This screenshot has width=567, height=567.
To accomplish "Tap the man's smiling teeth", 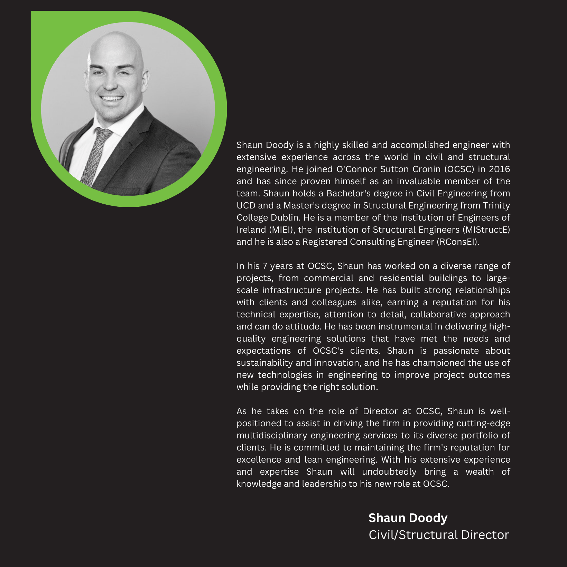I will point(112,99).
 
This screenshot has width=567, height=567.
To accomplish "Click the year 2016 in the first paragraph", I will point(499,169).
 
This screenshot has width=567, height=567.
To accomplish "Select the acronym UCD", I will point(246,205).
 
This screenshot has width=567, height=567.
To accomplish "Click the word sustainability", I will point(264,363).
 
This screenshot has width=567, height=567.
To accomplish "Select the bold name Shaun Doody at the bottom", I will point(408,518).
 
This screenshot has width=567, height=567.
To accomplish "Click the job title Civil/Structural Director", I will point(439,535).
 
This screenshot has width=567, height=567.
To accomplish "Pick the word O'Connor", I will point(357,169).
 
